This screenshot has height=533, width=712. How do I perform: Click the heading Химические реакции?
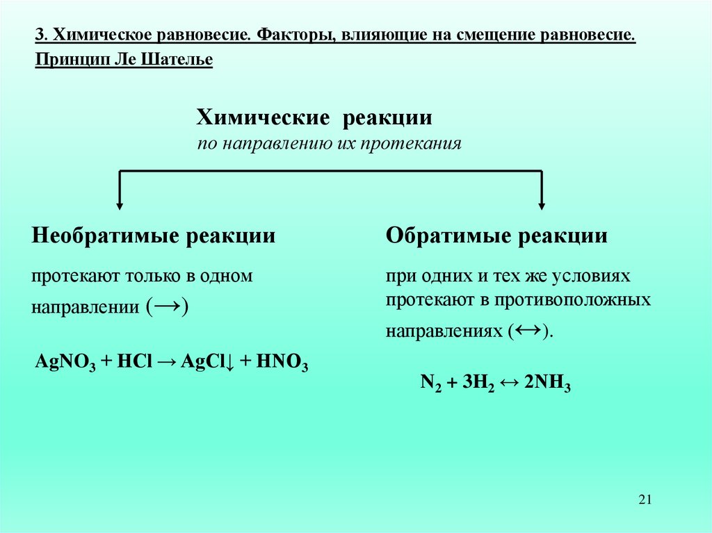(314, 117)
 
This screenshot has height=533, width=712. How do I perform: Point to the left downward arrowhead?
(120, 205)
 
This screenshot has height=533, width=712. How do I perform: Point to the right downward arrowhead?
(542, 205)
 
